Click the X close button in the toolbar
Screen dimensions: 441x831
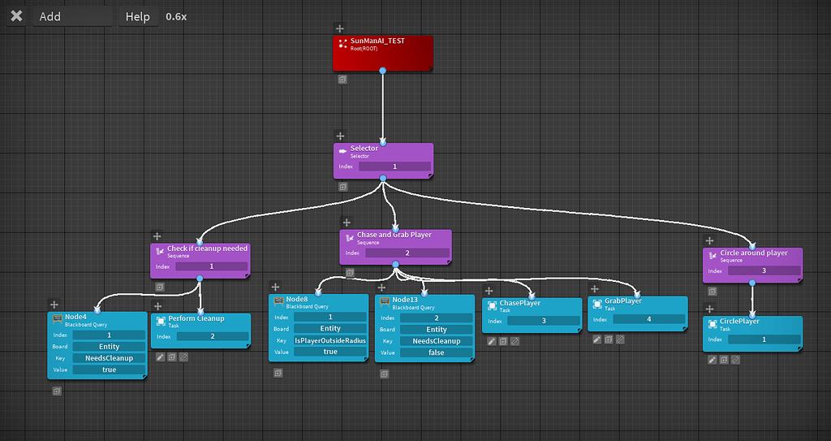point(16,16)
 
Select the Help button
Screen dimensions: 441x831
point(138,16)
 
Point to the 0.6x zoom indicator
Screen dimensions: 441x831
point(176,16)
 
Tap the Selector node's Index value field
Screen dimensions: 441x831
point(394,166)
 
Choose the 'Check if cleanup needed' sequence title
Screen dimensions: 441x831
point(207,249)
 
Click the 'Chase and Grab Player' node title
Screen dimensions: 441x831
point(394,236)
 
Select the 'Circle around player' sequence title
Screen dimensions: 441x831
point(754,253)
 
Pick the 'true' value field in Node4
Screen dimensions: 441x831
point(109,370)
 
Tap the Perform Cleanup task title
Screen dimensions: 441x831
point(196,318)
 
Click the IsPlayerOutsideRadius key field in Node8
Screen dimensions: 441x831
point(330,341)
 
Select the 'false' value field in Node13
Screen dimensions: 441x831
point(437,352)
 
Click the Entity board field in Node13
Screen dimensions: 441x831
point(437,330)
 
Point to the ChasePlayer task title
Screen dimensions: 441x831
point(519,303)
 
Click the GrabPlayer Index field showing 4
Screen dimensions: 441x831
point(648,319)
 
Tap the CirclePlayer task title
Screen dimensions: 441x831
point(739,321)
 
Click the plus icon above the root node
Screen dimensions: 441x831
point(339,28)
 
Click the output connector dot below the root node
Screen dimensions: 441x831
point(382,71)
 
